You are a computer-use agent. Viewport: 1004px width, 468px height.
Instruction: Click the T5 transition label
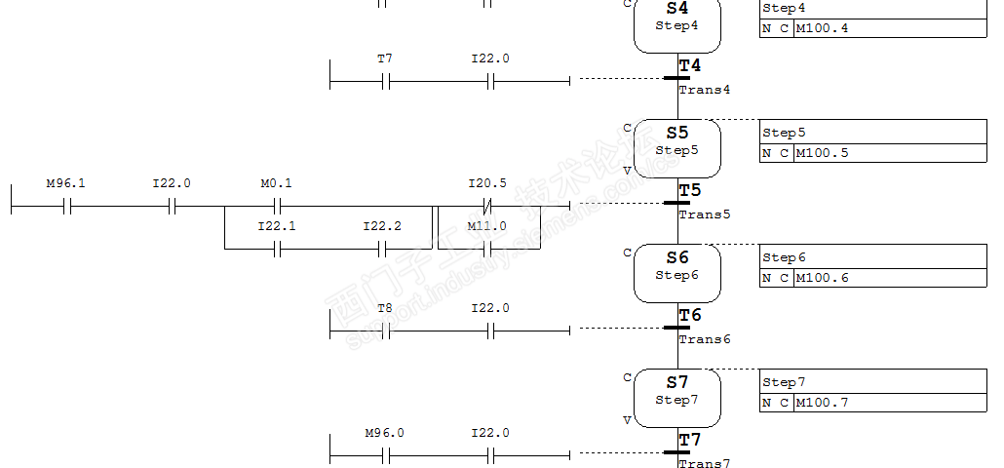pyautogui.click(x=690, y=190)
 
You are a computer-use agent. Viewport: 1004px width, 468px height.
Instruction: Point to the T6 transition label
pyautogui.click(x=690, y=315)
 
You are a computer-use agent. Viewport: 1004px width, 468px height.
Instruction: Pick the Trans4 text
pyautogui.click(x=704, y=90)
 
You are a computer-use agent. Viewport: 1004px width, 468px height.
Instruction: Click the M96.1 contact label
pyautogui.click(x=66, y=183)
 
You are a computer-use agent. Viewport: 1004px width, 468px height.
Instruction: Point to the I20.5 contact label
pyautogui.click(x=487, y=183)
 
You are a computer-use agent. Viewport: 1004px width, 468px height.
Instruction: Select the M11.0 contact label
pyautogui.click(x=487, y=226)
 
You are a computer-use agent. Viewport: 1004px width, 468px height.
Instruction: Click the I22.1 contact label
pyautogui.click(x=277, y=226)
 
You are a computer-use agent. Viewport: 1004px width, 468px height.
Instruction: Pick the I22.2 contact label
pyautogui.click(x=382, y=226)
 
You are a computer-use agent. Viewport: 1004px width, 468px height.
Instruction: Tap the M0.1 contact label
pyautogui.click(x=277, y=183)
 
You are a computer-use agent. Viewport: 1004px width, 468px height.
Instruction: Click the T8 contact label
pyautogui.click(x=385, y=308)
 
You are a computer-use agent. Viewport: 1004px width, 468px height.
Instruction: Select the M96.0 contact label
pyautogui.click(x=385, y=433)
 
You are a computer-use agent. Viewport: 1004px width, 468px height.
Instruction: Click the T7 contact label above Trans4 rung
pyautogui.click(x=385, y=58)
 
